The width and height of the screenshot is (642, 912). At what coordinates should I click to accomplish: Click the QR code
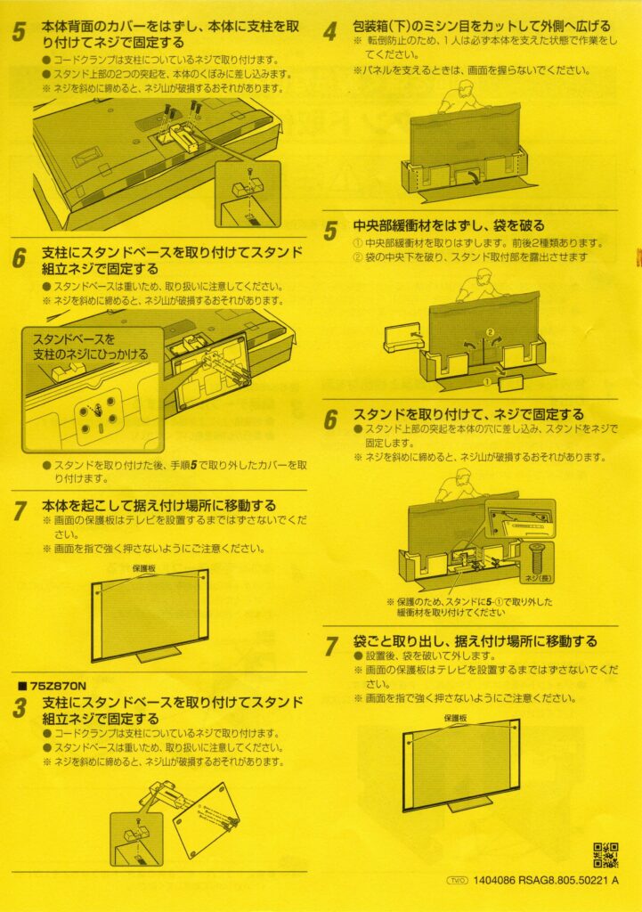[605, 856]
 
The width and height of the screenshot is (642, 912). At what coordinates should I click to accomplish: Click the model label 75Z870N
[54, 687]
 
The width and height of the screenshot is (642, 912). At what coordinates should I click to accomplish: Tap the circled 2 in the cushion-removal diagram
[489, 332]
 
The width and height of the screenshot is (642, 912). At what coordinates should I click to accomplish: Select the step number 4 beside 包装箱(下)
[330, 32]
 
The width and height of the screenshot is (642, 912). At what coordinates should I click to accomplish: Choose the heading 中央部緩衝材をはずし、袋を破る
[448, 226]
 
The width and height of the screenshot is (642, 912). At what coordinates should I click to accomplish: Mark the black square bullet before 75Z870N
[20, 688]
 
